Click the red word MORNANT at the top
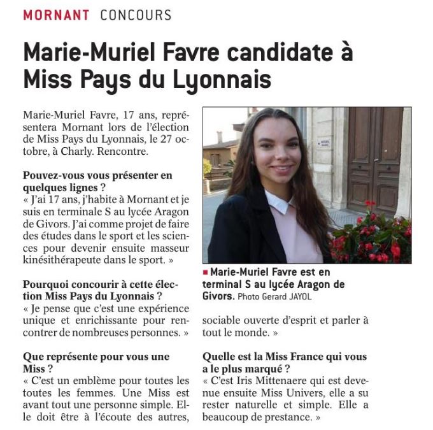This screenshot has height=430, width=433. click(55, 15)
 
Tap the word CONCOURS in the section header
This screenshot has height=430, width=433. click(136, 15)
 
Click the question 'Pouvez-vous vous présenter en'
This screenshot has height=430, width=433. click(97, 175)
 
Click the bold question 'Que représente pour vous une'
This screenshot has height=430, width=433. click(96, 356)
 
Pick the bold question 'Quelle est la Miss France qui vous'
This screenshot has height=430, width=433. click(285, 356)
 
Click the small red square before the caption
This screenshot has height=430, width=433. click(206, 271)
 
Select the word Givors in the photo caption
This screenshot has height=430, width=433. click(218, 296)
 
